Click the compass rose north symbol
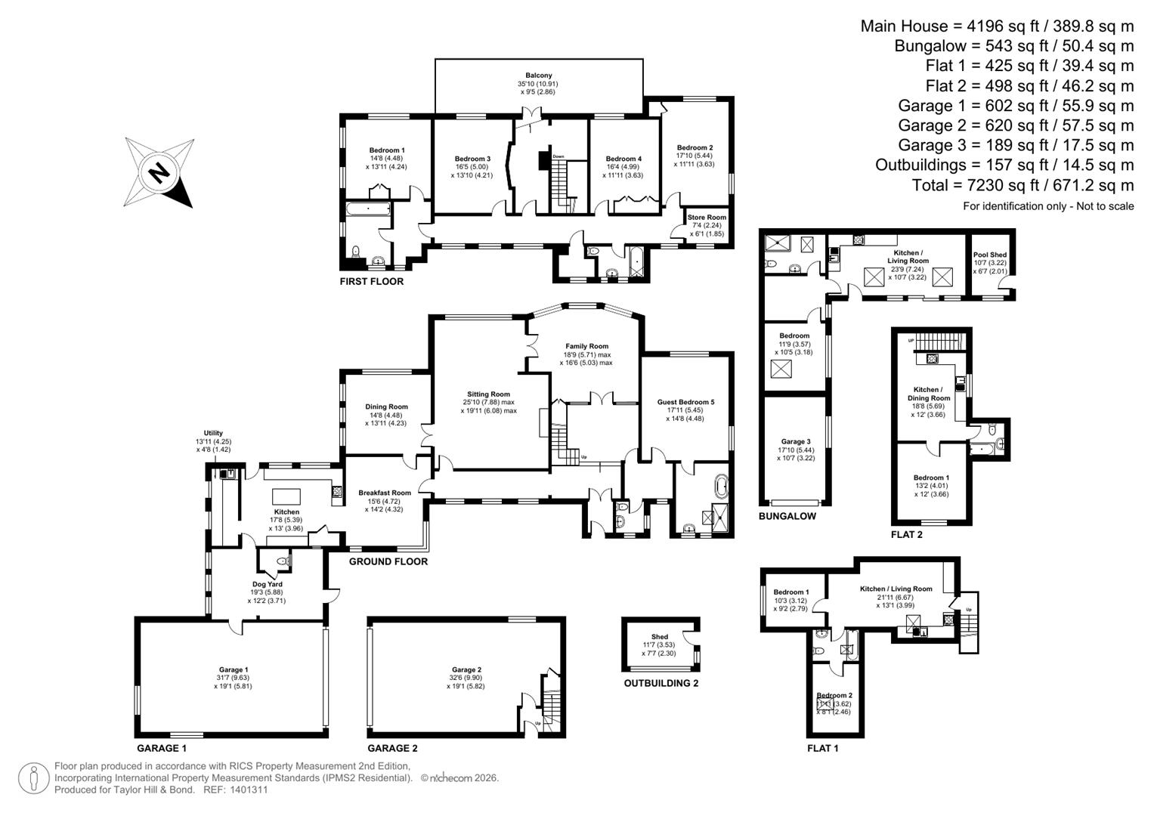[159, 173]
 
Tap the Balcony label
[539, 76]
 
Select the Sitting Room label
[488, 394]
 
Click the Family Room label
[586, 346]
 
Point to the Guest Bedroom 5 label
[685, 402]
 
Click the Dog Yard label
[267, 584]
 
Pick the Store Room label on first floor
[707, 218]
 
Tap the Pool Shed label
[989, 255]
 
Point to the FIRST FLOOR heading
[372, 282]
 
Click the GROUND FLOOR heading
[388, 561]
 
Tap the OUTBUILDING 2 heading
[661, 683]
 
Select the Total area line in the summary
[1033, 185]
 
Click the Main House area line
[997, 26]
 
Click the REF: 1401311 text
[234, 790]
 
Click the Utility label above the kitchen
[213, 433]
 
